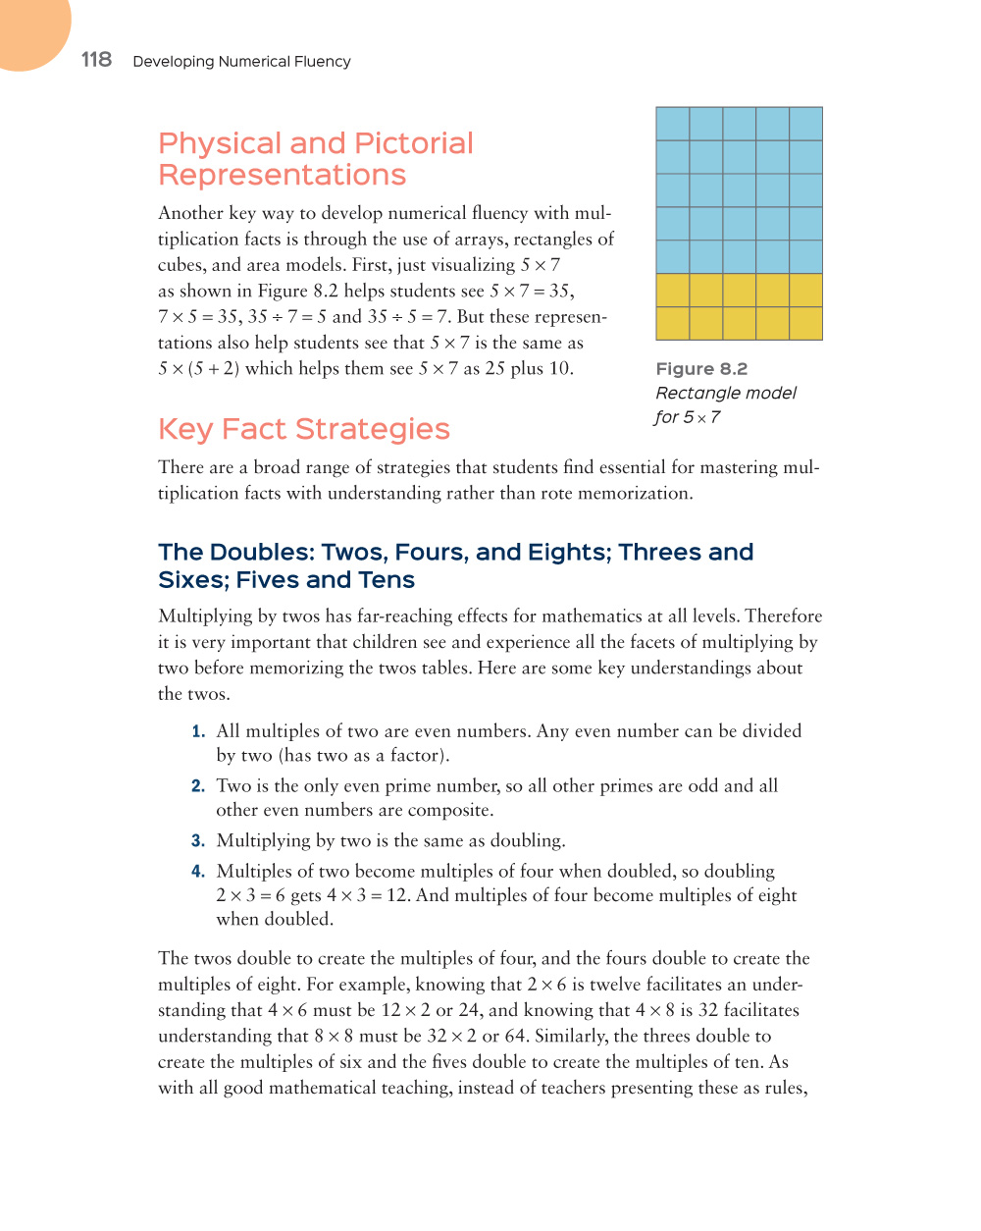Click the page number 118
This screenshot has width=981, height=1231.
pyautogui.click(x=96, y=60)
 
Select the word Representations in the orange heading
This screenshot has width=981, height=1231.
pyautogui.click(x=282, y=175)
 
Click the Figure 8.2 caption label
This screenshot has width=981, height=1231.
pyautogui.click(x=701, y=369)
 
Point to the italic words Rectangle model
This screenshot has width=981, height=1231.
pyautogui.click(x=726, y=393)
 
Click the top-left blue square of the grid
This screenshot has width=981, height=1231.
pyautogui.click(x=673, y=124)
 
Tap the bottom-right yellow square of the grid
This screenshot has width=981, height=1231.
pyautogui.click(x=805, y=323)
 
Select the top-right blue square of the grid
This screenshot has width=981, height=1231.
pyautogui.click(x=805, y=124)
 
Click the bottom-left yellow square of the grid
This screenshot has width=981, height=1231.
pyautogui.click(x=673, y=323)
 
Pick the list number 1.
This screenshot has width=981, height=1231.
pyautogui.click(x=197, y=731)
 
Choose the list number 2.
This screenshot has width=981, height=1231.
pyautogui.click(x=197, y=786)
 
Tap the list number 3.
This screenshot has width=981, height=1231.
pyautogui.click(x=197, y=841)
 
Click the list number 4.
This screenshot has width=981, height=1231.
pyautogui.click(x=197, y=872)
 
